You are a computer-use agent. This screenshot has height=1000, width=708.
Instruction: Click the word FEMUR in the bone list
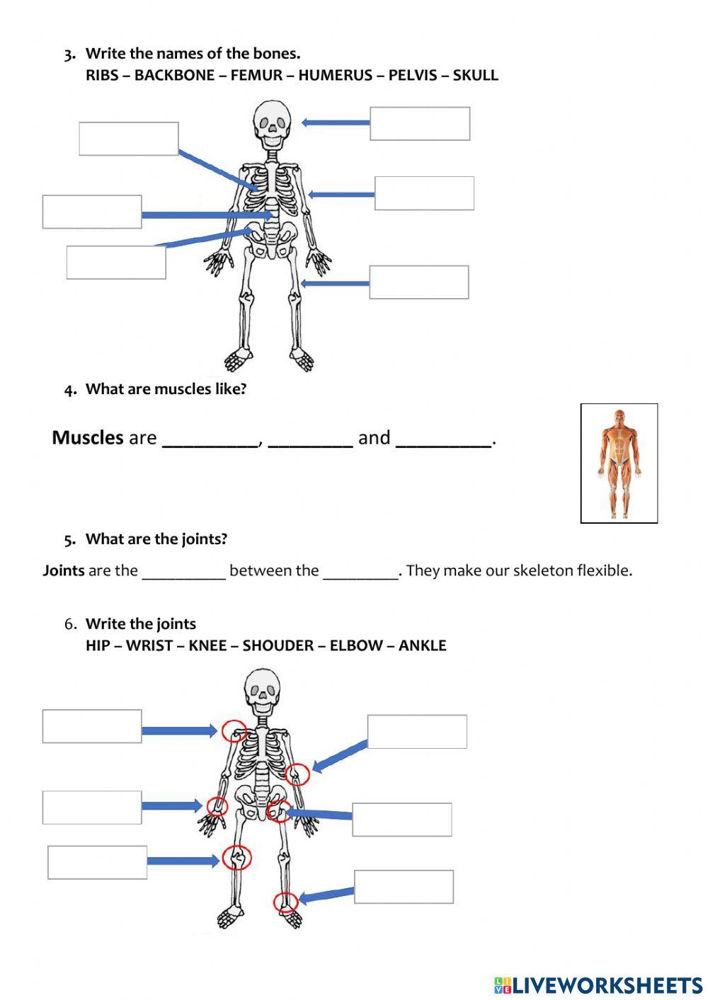tap(256, 75)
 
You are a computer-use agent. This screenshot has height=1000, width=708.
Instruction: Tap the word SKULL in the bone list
tap(475, 75)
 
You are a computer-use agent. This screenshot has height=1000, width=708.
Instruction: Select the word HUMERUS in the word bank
tap(335, 75)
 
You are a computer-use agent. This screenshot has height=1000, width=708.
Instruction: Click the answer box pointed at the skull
tap(420, 124)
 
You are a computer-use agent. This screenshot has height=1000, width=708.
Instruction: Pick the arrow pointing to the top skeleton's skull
tap(336, 122)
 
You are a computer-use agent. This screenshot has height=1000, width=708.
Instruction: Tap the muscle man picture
tap(619, 463)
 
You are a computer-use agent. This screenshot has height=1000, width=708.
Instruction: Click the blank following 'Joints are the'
tap(183, 573)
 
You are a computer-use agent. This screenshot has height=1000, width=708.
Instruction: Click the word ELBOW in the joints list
tap(357, 645)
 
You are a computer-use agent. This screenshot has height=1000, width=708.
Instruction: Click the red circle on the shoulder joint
tap(234, 730)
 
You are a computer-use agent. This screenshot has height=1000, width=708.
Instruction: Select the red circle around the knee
tap(236, 858)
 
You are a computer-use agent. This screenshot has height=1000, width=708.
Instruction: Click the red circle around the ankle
tap(286, 902)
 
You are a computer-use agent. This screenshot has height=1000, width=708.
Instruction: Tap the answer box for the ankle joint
tap(404, 887)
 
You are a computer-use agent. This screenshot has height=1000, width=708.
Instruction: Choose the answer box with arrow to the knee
tap(98, 862)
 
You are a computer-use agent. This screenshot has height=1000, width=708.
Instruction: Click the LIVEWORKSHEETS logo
tap(598, 985)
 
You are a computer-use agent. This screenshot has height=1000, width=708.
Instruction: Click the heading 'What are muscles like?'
tap(166, 389)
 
